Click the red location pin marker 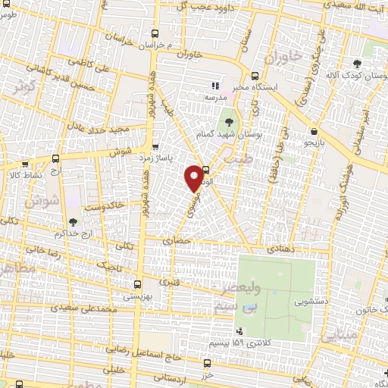(x=194, y=177)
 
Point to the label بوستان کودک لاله (x=352, y=75)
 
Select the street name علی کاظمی (x=94, y=67)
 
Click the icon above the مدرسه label (x=214, y=86)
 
